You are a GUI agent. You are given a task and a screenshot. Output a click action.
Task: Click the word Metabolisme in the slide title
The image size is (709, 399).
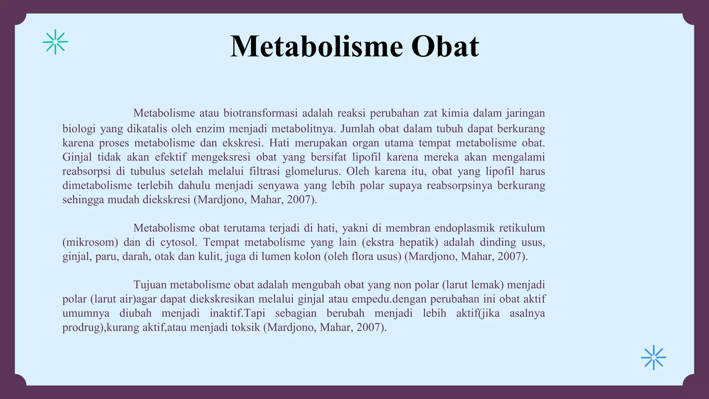pyautogui.click(x=316, y=46)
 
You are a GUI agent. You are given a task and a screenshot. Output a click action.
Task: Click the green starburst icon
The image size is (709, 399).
pyautogui.click(x=55, y=42)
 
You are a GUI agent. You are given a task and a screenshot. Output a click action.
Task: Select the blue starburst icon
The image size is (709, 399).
pyautogui.click(x=654, y=357)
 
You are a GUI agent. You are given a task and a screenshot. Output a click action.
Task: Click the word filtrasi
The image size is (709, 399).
pyautogui.click(x=264, y=171)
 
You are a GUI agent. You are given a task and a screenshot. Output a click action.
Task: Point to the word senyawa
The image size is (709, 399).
pyautogui.click(x=278, y=186)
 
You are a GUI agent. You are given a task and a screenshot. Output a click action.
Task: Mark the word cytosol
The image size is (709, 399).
pyautogui.click(x=179, y=242)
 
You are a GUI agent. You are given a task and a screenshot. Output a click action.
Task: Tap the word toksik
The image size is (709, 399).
pyautogui.click(x=245, y=327)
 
